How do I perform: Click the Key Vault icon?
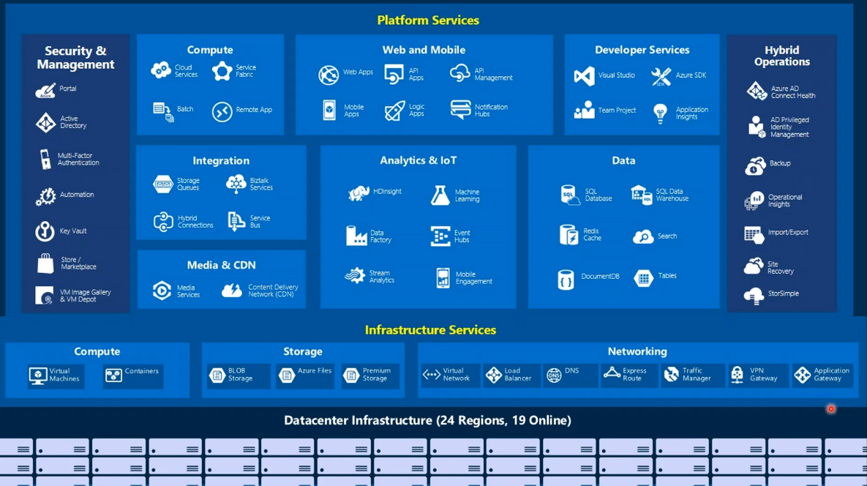pos(45,231)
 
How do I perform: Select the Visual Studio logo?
pos(584,75)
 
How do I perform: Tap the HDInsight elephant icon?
pos(359,193)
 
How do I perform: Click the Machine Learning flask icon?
pos(440,195)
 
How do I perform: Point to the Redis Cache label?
pos(592,234)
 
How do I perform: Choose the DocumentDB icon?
pos(566,280)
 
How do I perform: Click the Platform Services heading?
pos(428,20)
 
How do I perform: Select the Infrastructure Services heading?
pos(430,330)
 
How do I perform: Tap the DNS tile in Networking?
pos(570,375)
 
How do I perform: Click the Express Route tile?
pos(628,375)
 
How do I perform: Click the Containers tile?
pos(132,375)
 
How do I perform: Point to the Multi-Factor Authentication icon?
pos(45,160)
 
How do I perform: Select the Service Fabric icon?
pos(222,71)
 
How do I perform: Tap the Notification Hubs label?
pos(491,111)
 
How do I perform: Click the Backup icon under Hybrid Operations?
pos(755,165)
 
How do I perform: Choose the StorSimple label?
pos(783,294)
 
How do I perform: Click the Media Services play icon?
pos(162,291)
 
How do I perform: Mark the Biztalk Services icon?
pos(236,184)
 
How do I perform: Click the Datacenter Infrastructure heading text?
pos(427,421)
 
